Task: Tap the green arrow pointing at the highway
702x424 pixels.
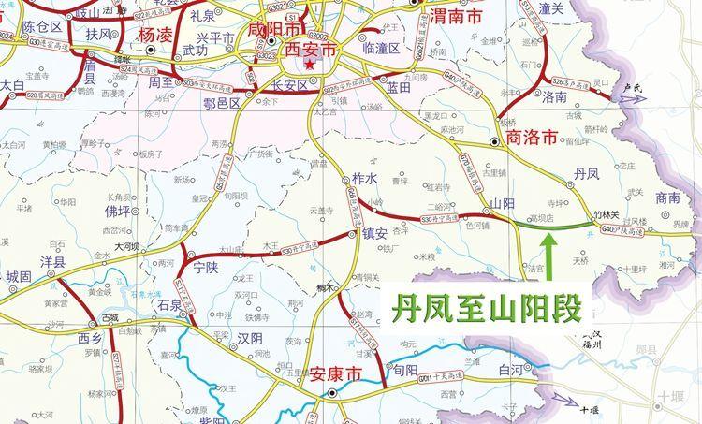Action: [550, 255]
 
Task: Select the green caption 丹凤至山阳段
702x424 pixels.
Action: [483, 305]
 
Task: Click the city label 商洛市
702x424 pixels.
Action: [531, 138]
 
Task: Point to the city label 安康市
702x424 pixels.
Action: [335, 373]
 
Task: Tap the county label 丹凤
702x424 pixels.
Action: [586, 173]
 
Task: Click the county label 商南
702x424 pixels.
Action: [668, 197]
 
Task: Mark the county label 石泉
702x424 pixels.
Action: [169, 305]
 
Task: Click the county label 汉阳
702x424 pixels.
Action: [249, 337]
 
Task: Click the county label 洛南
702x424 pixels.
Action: [554, 95]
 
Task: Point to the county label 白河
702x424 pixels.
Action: [512, 372]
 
